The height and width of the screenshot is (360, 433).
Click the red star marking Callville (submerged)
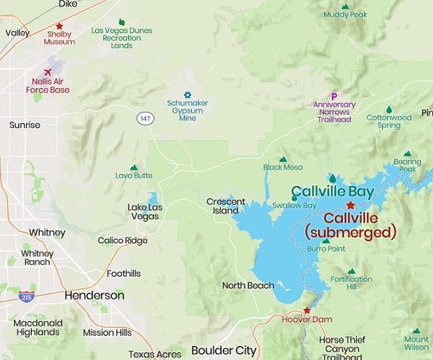[350, 205]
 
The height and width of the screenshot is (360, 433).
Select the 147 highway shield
[145, 118]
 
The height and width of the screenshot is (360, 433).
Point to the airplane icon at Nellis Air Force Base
[48, 73]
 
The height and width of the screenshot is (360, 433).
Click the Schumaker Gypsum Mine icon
[188, 94]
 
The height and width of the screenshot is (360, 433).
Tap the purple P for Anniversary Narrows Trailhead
[334, 97]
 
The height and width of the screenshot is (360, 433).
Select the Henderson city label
[94, 296]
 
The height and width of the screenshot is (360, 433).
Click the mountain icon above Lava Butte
[134, 167]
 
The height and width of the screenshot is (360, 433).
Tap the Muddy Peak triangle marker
[346, 6]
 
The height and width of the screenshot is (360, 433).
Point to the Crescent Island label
[226, 206]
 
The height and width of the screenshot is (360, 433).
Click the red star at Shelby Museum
[59, 26]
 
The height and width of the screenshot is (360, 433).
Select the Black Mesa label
[283, 168]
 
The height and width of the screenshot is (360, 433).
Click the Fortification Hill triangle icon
[351, 271]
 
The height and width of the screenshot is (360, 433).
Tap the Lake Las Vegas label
[143, 211]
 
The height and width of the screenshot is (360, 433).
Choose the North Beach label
[248, 285]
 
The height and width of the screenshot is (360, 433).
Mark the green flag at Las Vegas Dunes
[122, 23]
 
